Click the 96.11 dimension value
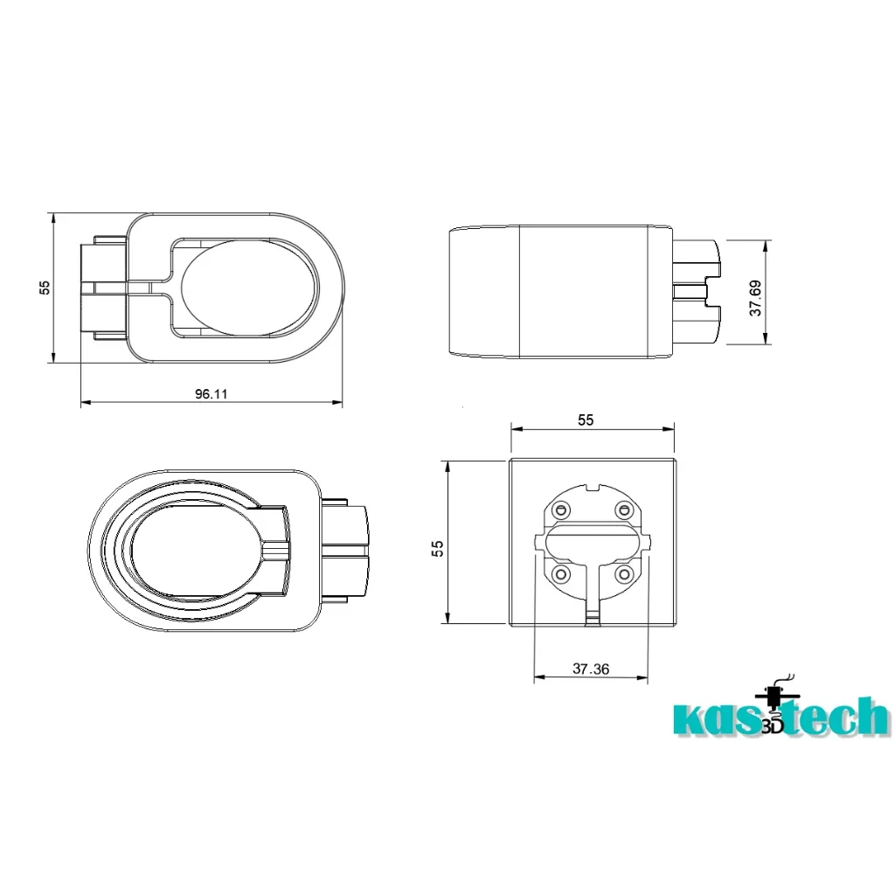pyautogui.click(x=212, y=394)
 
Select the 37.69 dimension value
pyautogui.click(x=755, y=298)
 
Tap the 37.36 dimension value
pyautogui.click(x=591, y=669)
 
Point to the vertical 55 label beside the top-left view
pyautogui.click(x=45, y=288)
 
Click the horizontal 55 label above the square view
pyautogui.click(x=586, y=420)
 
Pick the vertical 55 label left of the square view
pyautogui.click(x=437, y=549)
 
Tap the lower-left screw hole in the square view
pyautogui.click(x=563, y=573)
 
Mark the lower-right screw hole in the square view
pyautogui.click(x=623, y=573)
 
